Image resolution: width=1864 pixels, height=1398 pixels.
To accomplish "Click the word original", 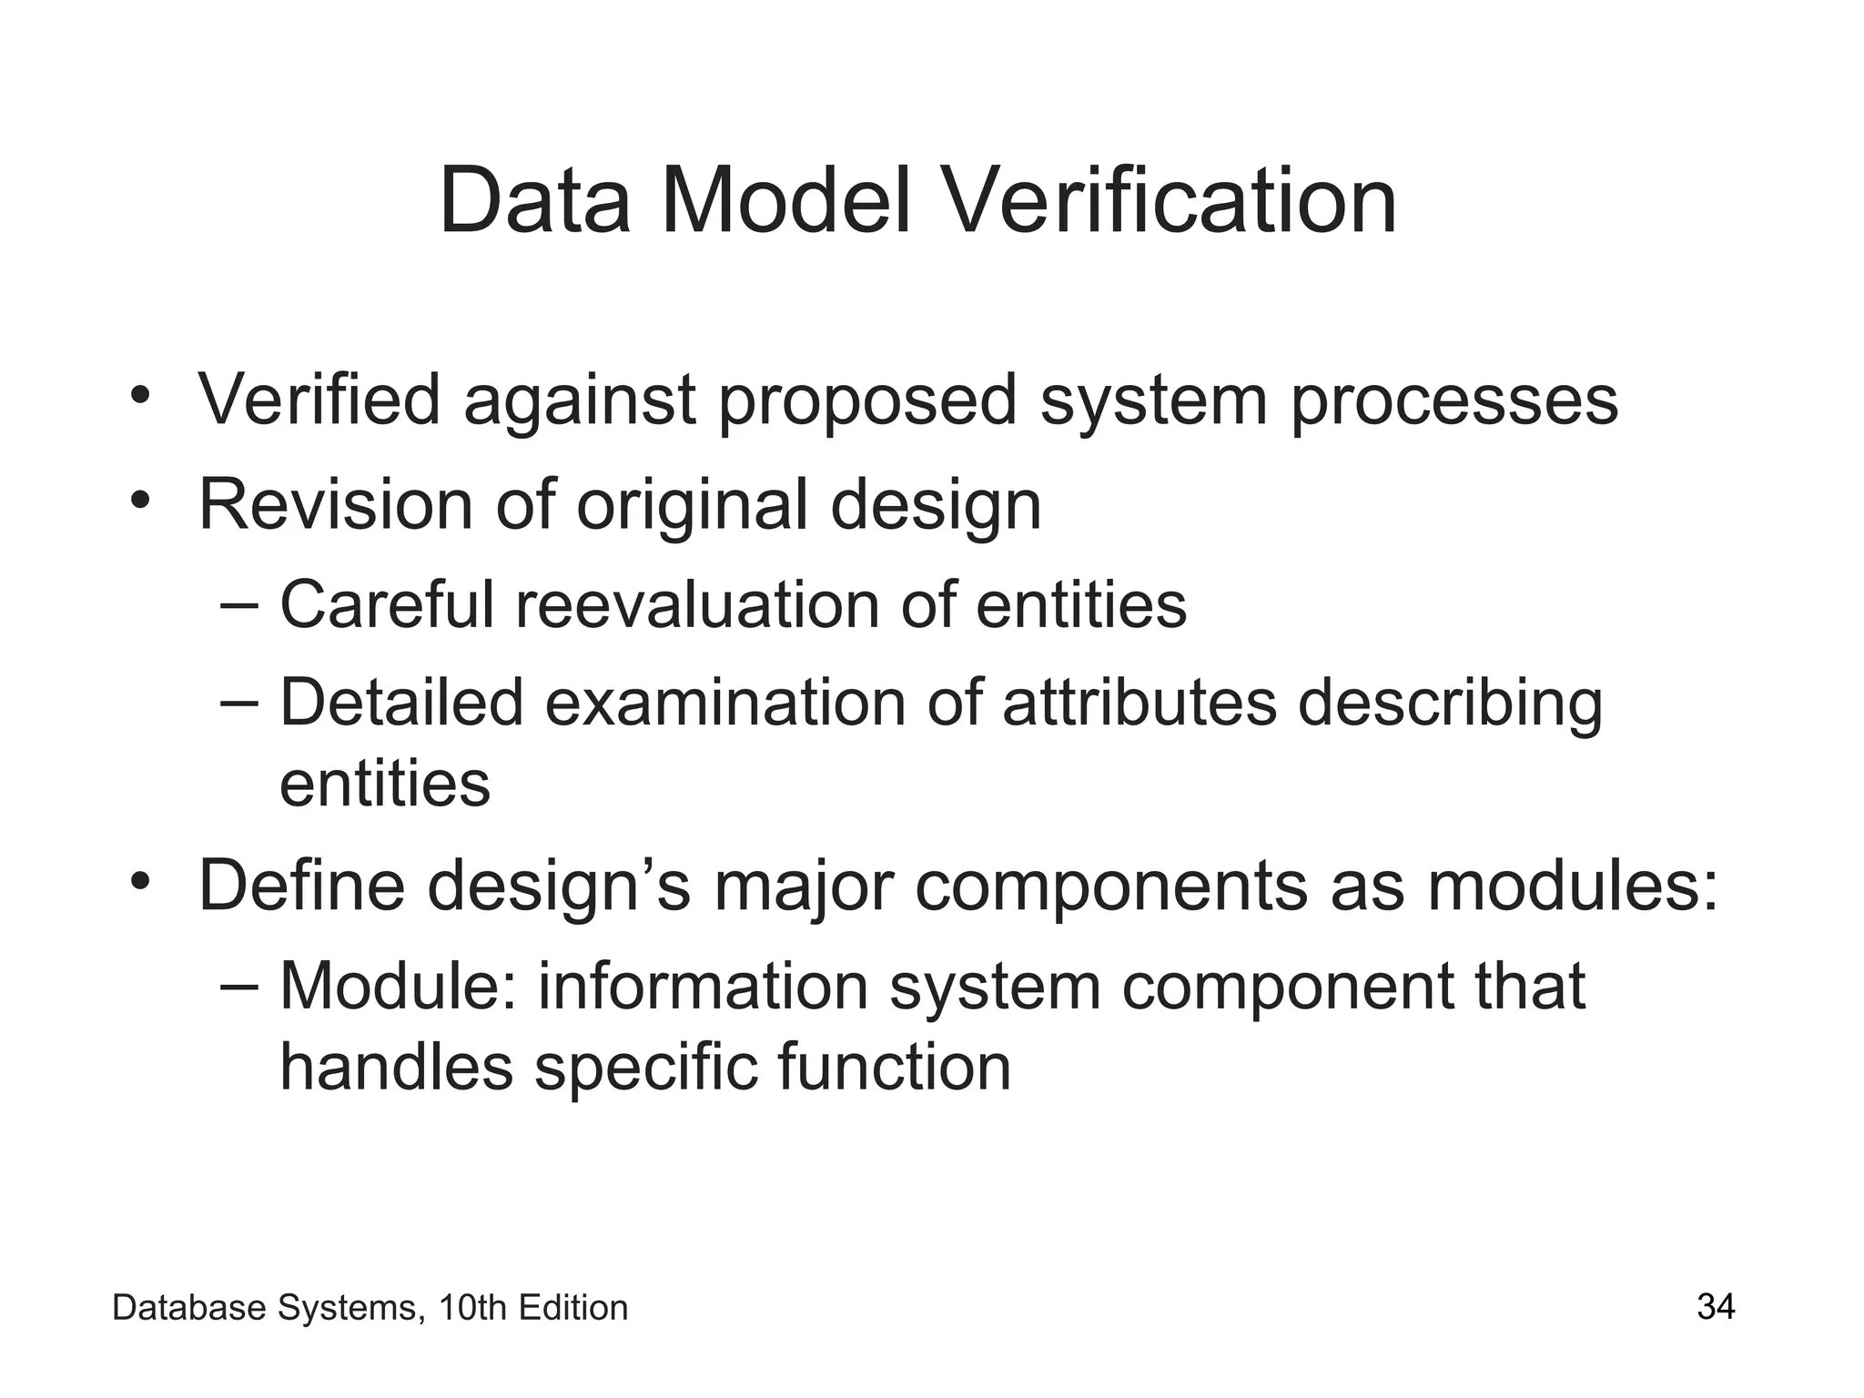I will (692, 506).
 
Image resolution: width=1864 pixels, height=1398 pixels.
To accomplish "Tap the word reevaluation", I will (697, 604).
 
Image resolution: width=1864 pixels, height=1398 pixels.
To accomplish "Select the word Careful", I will (387, 604).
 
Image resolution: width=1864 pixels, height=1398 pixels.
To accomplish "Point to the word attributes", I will (1139, 703).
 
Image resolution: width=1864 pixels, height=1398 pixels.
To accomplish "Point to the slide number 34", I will (1716, 1307).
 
